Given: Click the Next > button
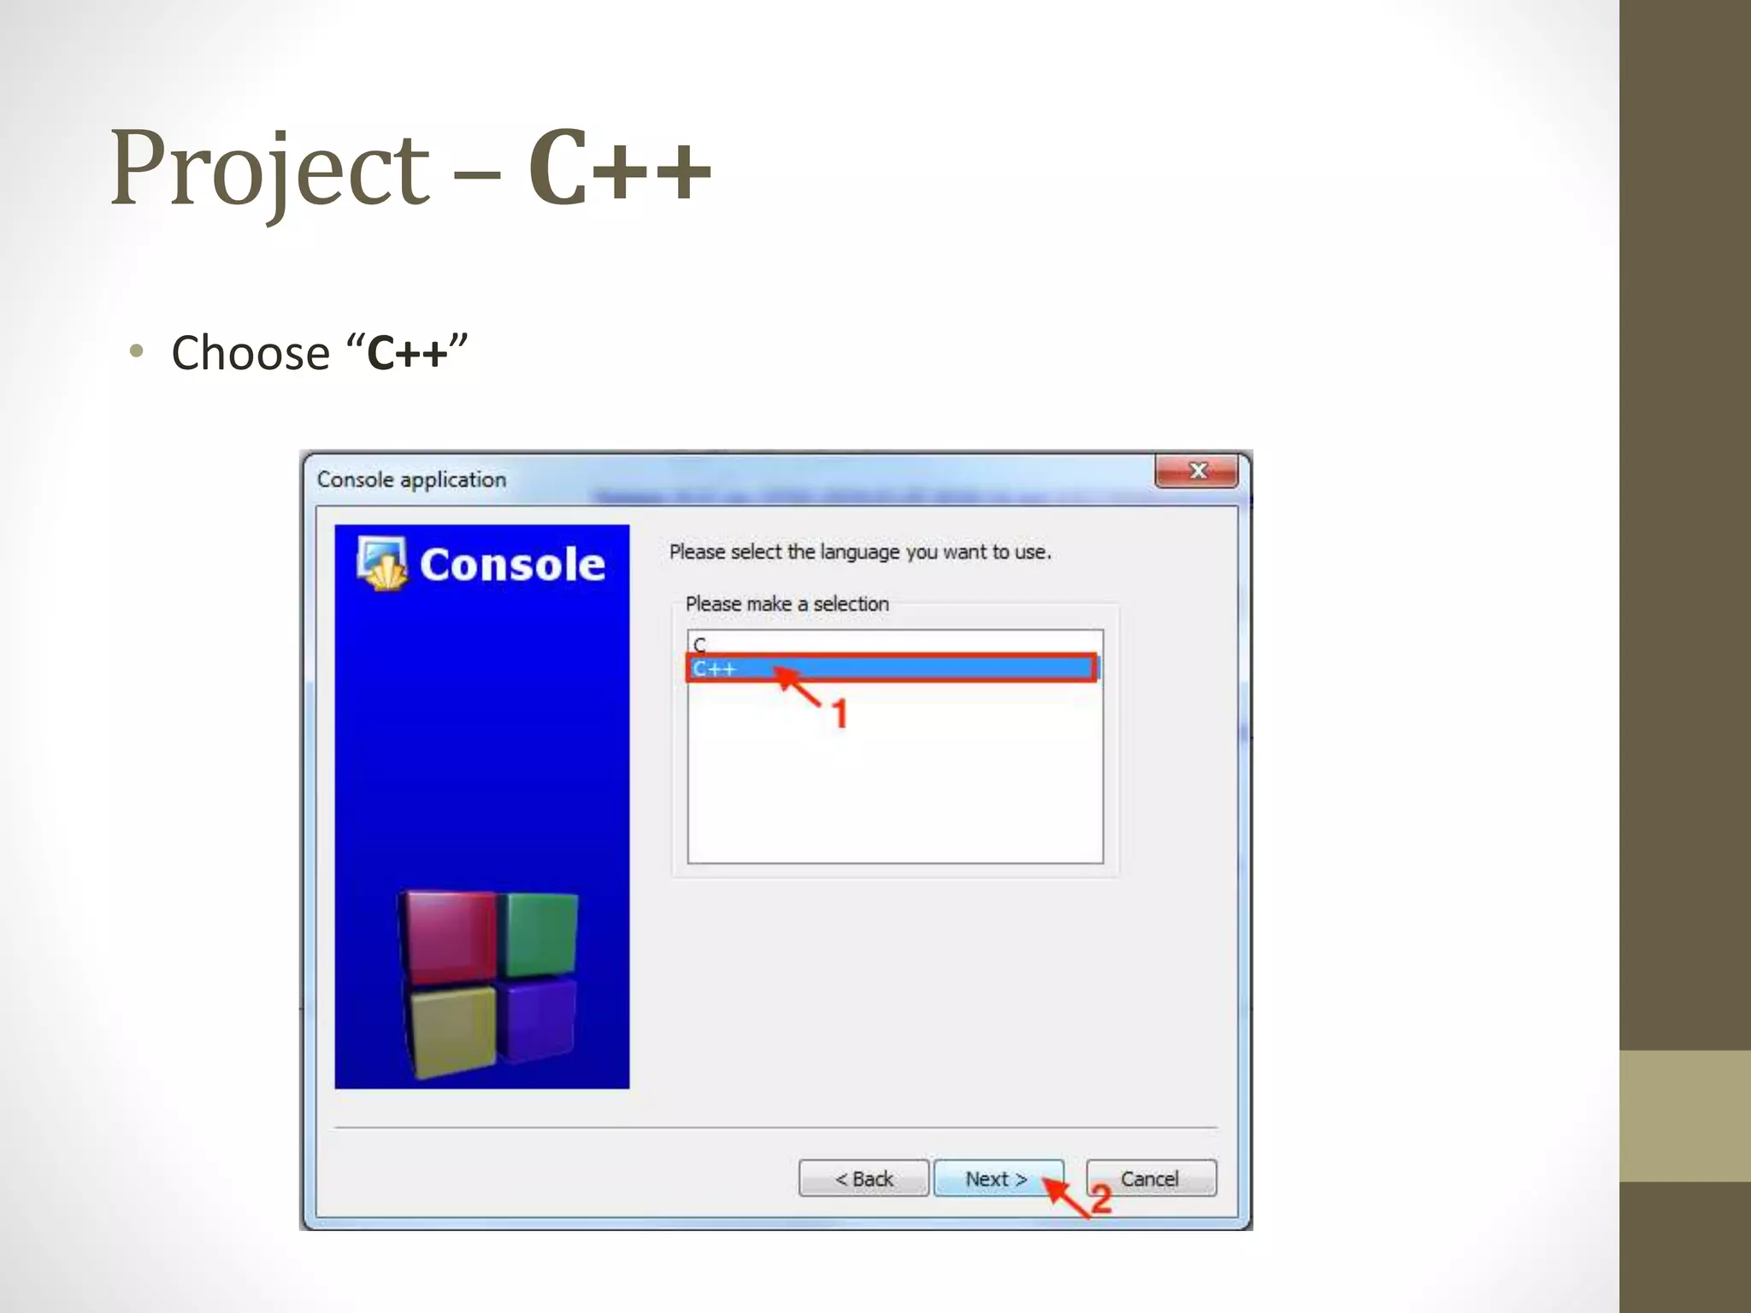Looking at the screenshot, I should [997, 1179].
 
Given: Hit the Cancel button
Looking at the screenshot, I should [1150, 1179].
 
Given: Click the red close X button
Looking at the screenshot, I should [1197, 471].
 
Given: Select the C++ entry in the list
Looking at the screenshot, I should [716, 669].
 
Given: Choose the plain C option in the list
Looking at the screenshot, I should [700, 644].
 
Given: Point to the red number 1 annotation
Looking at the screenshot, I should [840, 714].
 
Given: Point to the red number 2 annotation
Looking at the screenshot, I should [1101, 1199].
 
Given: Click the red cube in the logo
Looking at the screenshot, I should [449, 935].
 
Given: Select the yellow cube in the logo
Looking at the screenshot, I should [453, 1027].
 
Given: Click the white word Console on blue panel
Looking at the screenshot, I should [512, 565].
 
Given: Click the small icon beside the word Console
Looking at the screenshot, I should [381, 563].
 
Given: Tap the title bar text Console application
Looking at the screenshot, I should [411, 480].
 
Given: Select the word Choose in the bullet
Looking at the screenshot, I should [251, 353].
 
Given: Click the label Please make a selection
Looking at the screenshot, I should [787, 604].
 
